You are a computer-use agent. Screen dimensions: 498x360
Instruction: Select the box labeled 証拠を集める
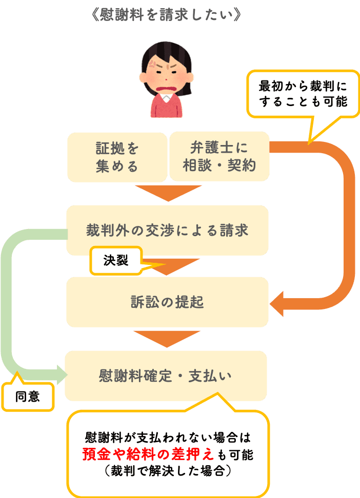pyautogui.click(x=117, y=157)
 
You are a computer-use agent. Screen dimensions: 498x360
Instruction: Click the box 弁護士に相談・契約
pyautogui.click(x=219, y=157)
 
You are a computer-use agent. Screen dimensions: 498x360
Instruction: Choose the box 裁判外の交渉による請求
pyautogui.click(x=167, y=230)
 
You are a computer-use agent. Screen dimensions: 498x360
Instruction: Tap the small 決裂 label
pyautogui.click(x=115, y=261)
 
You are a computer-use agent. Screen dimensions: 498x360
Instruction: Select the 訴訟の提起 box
pyautogui.click(x=167, y=302)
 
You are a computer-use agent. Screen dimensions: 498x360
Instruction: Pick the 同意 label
pyautogui.click(x=28, y=397)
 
